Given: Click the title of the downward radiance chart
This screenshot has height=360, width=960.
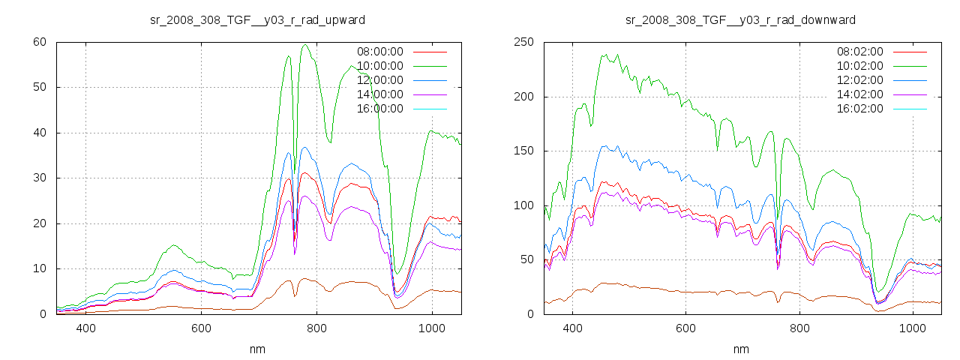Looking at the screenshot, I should pyautogui.click(x=741, y=19).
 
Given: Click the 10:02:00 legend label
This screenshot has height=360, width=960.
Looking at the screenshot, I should pyautogui.click(x=860, y=66).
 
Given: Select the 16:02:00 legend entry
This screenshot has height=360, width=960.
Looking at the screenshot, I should pyautogui.click(x=860, y=109).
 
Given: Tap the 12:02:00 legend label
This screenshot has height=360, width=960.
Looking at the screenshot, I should pyautogui.click(x=860, y=80).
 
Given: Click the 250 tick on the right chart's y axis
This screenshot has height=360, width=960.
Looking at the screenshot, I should pyautogui.click(x=523, y=42).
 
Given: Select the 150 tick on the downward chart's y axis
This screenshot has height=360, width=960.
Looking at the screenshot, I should pyautogui.click(x=523, y=151).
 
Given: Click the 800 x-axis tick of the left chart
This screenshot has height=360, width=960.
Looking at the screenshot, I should pyautogui.click(x=316, y=328).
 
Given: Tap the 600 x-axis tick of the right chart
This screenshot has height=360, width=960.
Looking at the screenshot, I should pyautogui.click(x=685, y=328).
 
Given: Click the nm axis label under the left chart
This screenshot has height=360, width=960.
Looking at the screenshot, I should pyautogui.click(x=258, y=349).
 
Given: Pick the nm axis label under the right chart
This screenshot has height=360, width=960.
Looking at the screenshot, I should pyautogui.click(x=741, y=349).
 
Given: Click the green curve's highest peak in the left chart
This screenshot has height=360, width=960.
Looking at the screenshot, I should pyautogui.click(x=305, y=45).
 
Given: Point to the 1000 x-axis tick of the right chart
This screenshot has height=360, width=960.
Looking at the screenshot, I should pyautogui.click(x=913, y=328).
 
